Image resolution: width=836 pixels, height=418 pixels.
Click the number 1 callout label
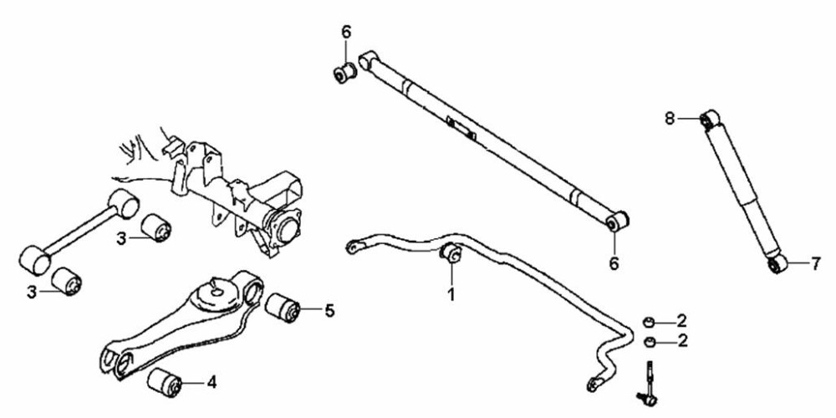coord(451,293)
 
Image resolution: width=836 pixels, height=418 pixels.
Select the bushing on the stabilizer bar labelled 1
coord(451,252)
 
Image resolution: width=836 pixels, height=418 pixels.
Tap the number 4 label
coord(212,382)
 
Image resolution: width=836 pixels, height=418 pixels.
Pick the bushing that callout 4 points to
coord(165,382)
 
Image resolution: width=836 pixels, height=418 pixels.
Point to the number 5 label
coord(329,310)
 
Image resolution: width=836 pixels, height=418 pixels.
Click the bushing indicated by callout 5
coord(283,307)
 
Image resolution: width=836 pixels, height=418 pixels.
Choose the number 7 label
coord(816,264)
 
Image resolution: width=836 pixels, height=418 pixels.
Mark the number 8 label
coord(670,119)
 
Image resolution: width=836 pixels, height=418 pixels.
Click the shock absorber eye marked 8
coord(709,119)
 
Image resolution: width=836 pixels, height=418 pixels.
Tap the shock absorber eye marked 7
coord(777,264)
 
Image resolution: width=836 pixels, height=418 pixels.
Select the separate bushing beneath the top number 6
coord(344,73)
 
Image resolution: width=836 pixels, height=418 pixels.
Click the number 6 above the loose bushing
coord(347,32)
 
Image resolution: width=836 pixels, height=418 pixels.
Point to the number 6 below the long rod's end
coord(614,263)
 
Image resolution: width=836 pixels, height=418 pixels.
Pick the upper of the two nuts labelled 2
coord(650,322)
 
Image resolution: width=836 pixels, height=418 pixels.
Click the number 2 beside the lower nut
coord(682,341)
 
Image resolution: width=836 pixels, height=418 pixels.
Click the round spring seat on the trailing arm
coord(217,293)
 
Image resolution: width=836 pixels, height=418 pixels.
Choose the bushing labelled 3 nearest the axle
coord(156,227)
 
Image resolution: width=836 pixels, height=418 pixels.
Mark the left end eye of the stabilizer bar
coord(353,247)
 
